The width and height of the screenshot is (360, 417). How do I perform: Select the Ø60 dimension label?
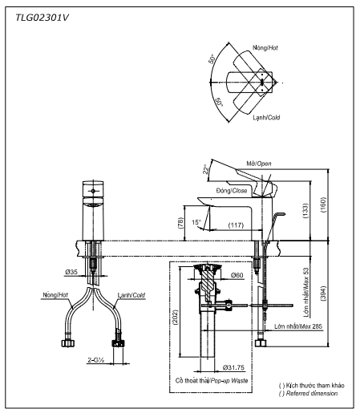tap(236, 276)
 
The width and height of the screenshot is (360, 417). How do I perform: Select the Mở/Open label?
tap(259, 163)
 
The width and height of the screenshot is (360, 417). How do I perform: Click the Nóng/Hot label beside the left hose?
tap(54, 295)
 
